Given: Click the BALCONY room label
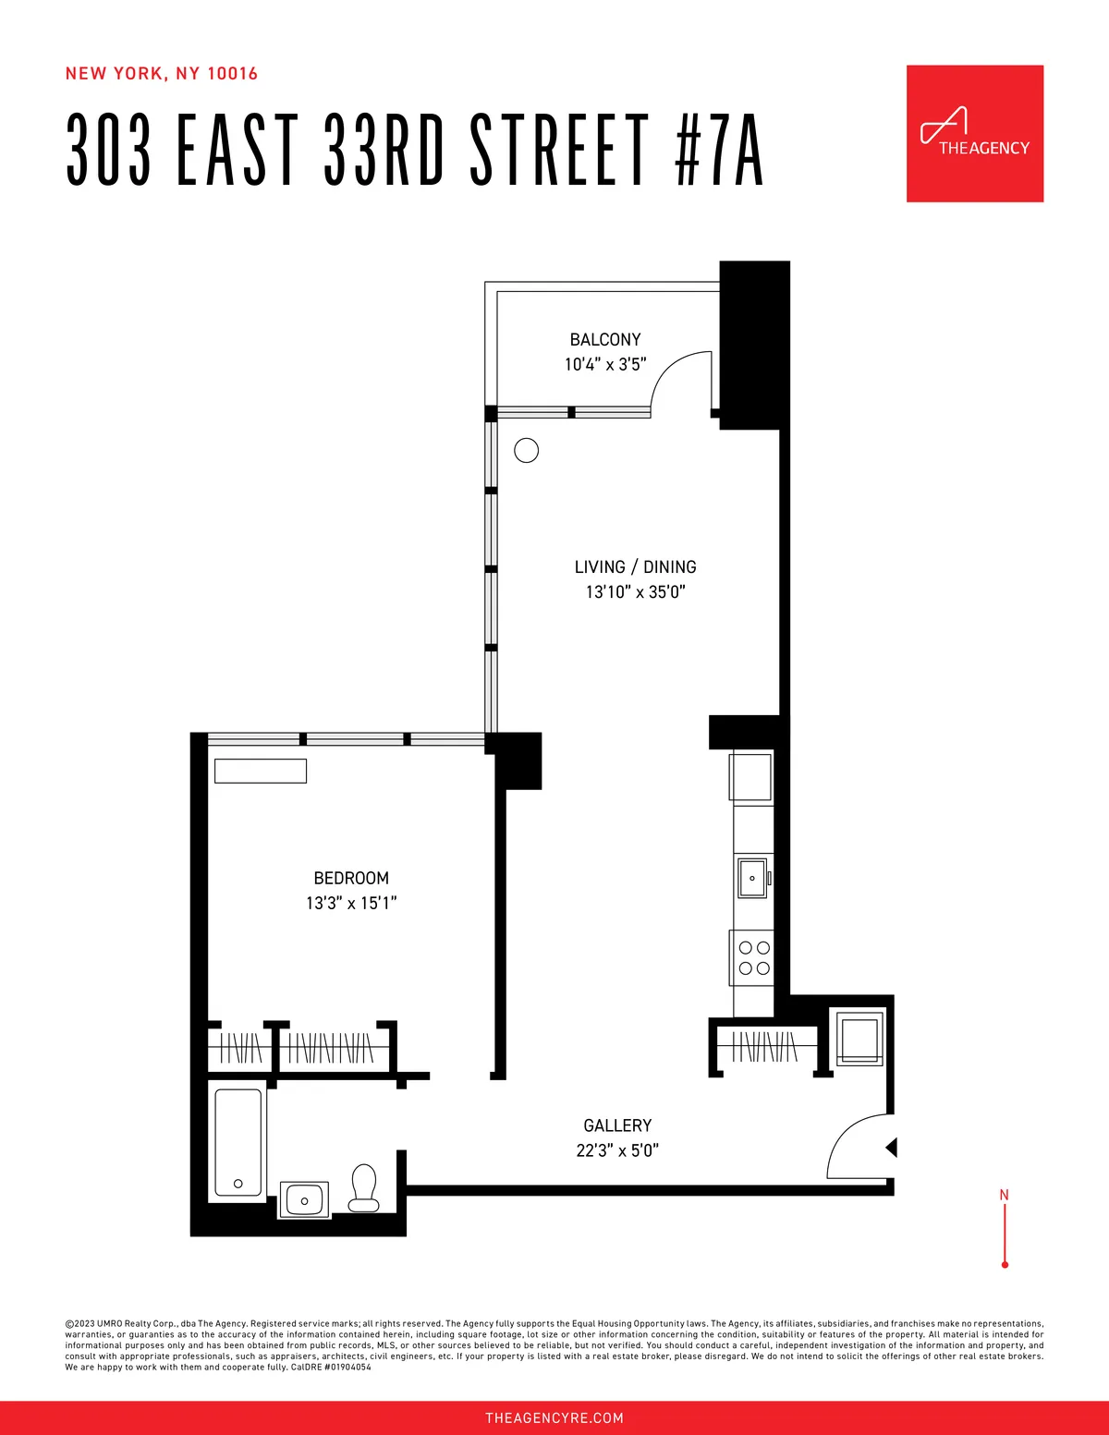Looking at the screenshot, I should (x=605, y=340).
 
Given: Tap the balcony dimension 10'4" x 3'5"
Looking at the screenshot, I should (x=605, y=365).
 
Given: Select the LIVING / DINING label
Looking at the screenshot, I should (x=636, y=567).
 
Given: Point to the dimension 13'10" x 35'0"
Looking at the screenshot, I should (x=636, y=592).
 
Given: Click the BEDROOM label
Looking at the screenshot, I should (x=351, y=879).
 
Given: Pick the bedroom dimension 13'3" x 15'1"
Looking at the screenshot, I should (x=351, y=904).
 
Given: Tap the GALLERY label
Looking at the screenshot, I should (x=617, y=1125).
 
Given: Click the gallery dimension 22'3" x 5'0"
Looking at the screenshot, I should (x=617, y=1150).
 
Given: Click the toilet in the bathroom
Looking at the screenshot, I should (x=363, y=1187).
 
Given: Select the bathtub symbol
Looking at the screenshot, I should (x=238, y=1143).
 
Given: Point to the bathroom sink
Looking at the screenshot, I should (x=304, y=1199).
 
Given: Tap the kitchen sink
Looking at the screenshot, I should (x=752, y=877).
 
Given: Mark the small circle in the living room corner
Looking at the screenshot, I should (x=526, y=450).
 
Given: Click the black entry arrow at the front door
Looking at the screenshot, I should (x=892, y=1148).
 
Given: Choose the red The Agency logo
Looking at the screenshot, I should (x=975, y=133).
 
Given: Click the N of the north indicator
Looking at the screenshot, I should (x=1005, y=1195).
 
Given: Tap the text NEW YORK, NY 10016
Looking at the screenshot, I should (x=162, y=74).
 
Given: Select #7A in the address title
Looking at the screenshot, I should (x=720, y=151).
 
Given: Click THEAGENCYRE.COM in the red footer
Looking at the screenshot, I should (x=554, y=1417).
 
